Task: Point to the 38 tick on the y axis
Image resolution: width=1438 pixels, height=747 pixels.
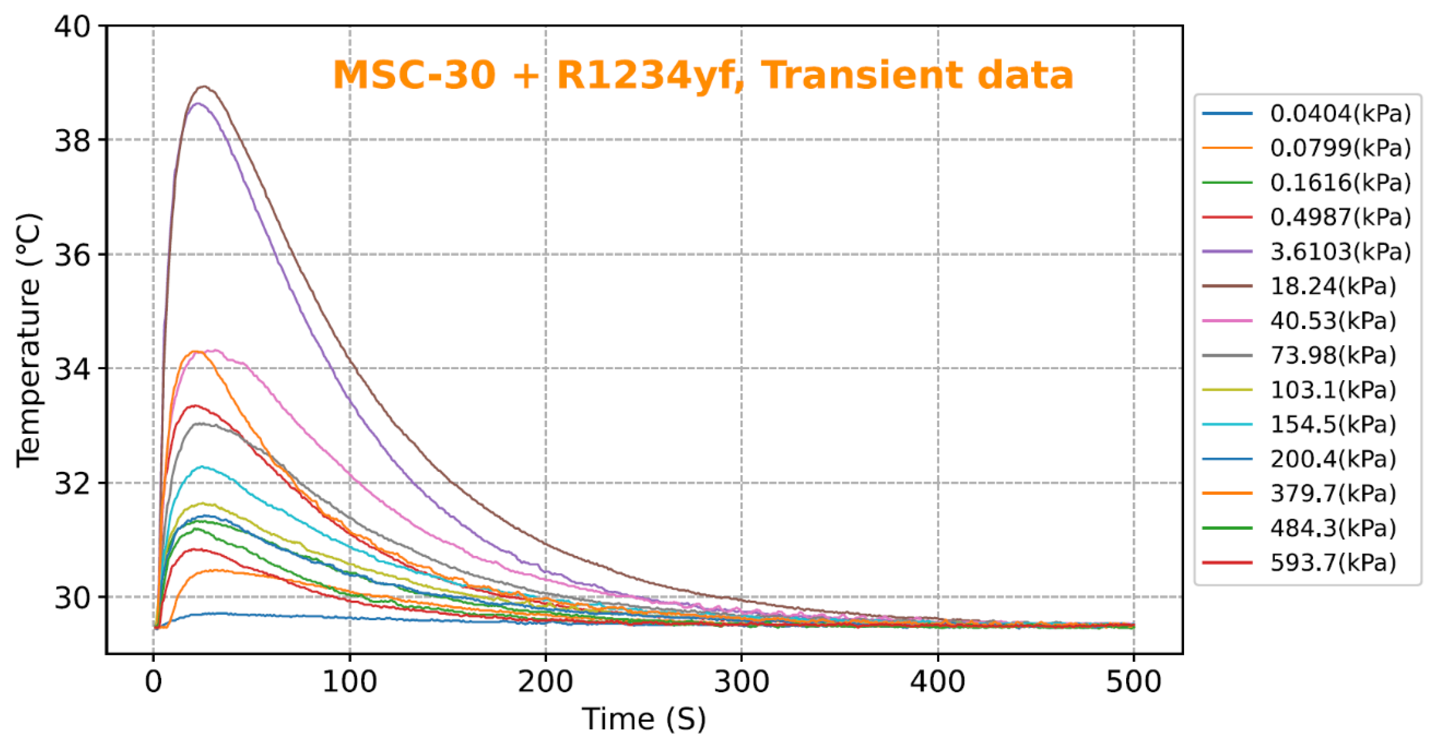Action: [x=72, y=140]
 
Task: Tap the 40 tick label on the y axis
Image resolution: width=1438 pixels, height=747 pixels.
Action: [x=72, y=26]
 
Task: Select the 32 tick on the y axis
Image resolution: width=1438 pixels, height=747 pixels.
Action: [x=72, y=483]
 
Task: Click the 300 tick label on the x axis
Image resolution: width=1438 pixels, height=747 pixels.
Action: [x=741, y=682]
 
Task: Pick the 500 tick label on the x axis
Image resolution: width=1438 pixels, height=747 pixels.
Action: [x=1133, y=682]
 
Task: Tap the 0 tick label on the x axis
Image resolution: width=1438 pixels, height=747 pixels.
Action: [x=154, y=682]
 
